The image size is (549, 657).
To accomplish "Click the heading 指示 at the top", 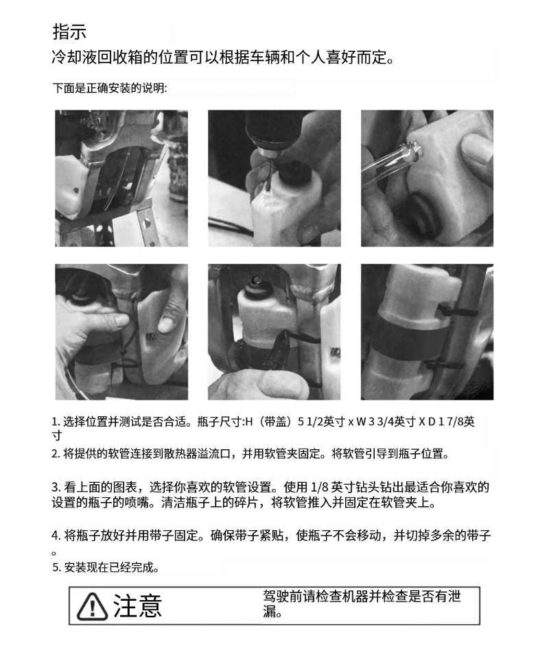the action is (69, 32).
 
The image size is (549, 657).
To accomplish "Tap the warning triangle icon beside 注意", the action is (92, 606).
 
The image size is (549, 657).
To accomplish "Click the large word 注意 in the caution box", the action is (137, 606).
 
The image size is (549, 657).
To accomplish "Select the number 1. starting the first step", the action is (56, 422).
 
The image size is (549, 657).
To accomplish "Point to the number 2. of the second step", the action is (56, 454).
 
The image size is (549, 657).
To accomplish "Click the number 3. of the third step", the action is (57, 488).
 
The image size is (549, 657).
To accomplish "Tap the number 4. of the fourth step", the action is (57, 536).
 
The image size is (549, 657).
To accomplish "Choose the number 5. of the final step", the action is (57, 568).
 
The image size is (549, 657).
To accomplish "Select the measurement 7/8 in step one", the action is (454, 422).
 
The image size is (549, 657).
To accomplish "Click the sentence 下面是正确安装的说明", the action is (109, 88).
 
